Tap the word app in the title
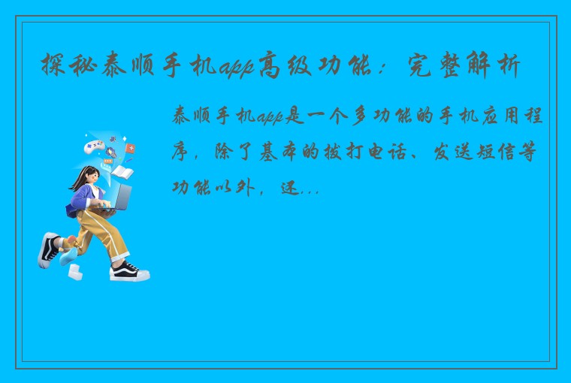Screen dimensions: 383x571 tap(237, 68)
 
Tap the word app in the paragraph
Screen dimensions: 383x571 tap(269, 116)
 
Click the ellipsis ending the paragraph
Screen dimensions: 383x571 tap(310, 191)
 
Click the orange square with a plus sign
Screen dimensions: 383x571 tap(130, 148)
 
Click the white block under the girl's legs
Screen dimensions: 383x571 tap(75, 272)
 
